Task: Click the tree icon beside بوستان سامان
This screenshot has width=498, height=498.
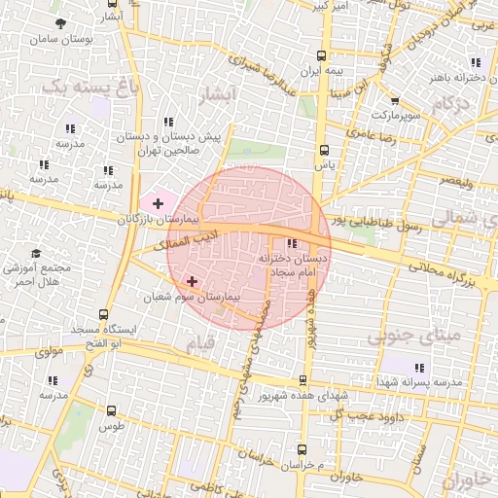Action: (x=61, y=23)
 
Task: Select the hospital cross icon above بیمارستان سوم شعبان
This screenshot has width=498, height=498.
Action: (x=192, y=281)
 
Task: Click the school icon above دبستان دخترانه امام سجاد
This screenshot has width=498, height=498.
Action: (x=292, y=244)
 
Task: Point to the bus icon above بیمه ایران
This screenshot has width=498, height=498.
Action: (x=324, y=56)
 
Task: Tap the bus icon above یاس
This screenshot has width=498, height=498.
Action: (x=324, y=150)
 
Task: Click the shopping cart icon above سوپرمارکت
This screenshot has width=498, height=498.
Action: (x=395, y=100)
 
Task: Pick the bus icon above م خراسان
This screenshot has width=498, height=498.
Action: (x=302, y=450)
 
